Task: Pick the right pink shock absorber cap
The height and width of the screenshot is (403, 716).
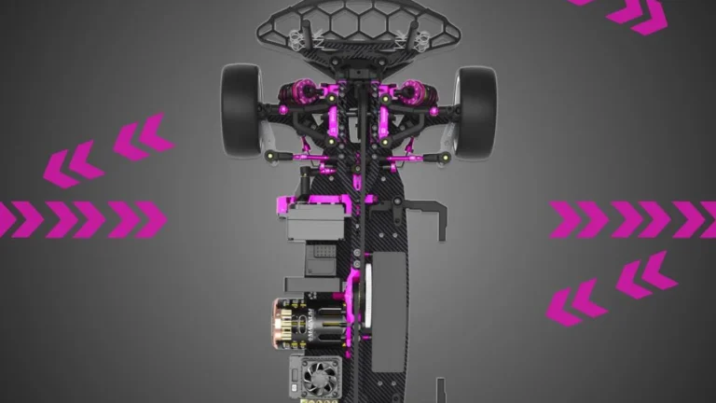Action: point(410,92)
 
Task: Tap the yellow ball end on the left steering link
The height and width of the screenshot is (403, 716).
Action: point(270,153)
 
